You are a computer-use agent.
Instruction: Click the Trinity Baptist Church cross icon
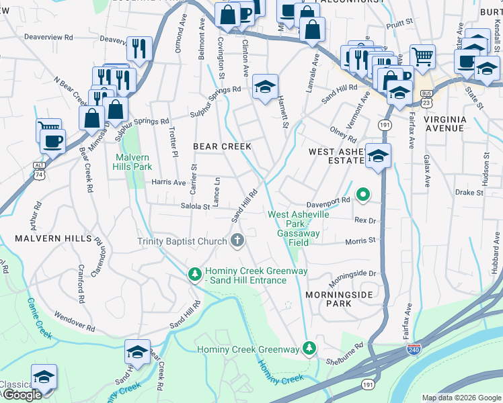(237, 240)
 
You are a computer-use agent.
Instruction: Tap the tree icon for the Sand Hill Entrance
(195, 274)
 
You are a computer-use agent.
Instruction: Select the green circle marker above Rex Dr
(363, 195)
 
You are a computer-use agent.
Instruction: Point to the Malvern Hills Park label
(128, 161)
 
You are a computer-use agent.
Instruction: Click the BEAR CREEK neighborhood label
(222, 146)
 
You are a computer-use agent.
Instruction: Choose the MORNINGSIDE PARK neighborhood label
(329, 299)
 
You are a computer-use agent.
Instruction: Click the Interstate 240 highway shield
(414, 350)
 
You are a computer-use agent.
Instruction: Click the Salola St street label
(194, 207)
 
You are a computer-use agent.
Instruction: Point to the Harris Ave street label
(168, 182)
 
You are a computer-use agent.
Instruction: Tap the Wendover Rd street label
(75, 320)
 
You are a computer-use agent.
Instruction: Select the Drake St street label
(469, 192)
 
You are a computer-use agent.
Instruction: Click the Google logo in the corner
(22, 395)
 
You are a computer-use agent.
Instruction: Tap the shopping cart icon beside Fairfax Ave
(423, 57)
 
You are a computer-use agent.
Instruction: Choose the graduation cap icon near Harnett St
(266, 87)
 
